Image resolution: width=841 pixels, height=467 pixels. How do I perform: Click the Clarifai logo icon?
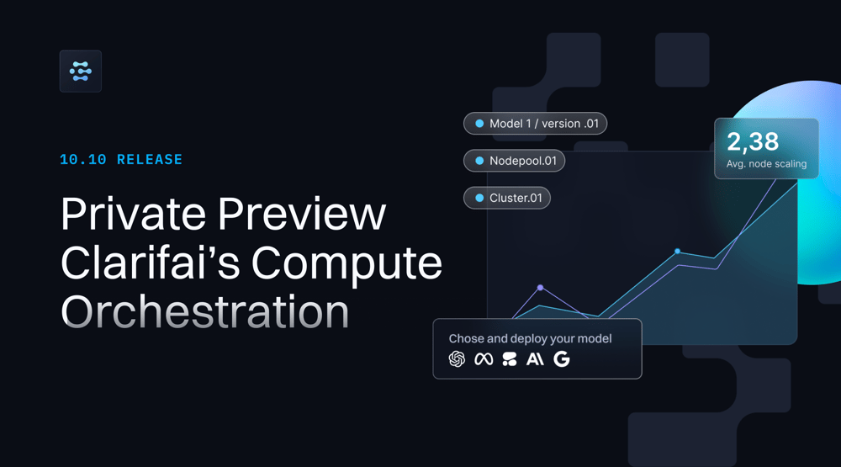(81, 72)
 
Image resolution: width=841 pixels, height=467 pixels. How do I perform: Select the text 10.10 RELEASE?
(121, 159)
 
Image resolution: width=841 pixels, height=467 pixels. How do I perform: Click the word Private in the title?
(133, 214)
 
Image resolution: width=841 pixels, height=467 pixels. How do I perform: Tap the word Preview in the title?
(302, 214)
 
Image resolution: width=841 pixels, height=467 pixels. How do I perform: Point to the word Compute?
(347, 263)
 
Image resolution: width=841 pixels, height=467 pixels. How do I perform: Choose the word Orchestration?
(205, 311)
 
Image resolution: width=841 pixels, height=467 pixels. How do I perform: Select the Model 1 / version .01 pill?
(535, 124)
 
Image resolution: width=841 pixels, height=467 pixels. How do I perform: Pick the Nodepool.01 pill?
(514, 161)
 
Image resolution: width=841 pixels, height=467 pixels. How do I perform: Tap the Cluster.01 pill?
(507, 198)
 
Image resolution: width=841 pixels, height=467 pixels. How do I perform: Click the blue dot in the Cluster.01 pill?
(479, 198)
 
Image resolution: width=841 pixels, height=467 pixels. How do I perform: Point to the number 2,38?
(753, 141)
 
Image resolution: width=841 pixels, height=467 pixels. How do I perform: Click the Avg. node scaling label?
(766, 164)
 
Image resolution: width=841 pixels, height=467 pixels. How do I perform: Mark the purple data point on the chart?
(540, 288)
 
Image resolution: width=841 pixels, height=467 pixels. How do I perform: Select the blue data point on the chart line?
(677, 252)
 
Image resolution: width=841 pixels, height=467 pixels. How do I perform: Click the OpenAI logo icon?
(457, 359)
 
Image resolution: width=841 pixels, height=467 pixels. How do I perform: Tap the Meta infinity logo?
(484, 359)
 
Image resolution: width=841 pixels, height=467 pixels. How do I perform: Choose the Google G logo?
(562, 359)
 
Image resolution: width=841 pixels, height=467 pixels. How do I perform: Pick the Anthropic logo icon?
(535, 359)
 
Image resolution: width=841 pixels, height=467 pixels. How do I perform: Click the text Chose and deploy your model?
(530, 339)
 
